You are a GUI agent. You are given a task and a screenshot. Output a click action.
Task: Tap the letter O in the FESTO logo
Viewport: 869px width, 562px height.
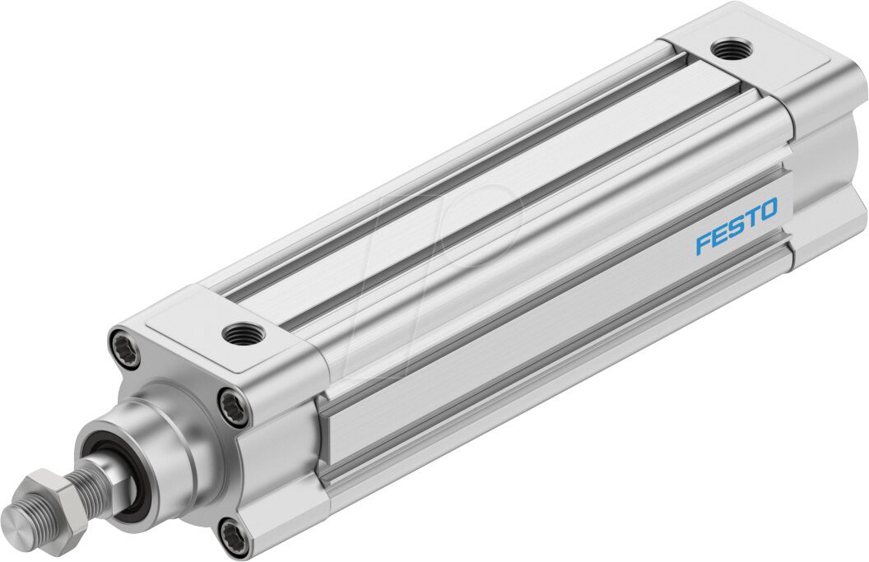764,210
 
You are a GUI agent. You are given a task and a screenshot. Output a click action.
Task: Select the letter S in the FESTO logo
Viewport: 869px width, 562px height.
734,227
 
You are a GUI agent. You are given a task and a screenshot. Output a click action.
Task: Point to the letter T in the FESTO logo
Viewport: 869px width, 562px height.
749,218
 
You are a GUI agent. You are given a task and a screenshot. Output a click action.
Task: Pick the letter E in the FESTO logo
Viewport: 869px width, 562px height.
719,235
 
